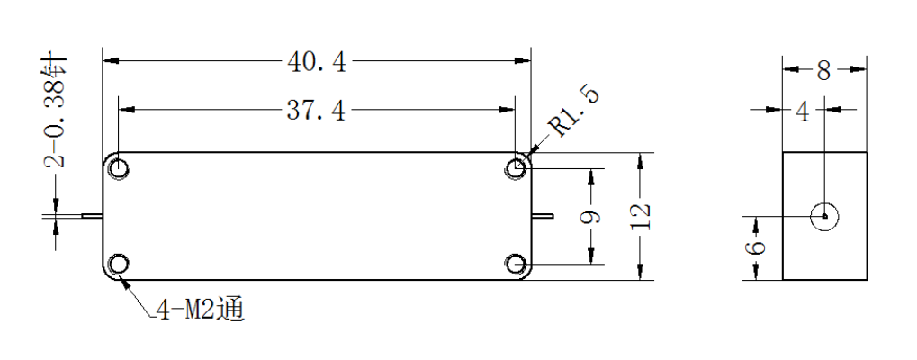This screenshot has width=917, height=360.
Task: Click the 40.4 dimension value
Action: [x=317, y=61]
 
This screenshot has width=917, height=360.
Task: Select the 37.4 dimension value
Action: [x=316, y=110]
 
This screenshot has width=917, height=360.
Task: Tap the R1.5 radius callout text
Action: [x=577, y=111]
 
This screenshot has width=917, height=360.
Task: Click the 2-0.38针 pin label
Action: [x=57, y=112]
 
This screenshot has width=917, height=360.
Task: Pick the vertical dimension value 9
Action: [x=590, y=217]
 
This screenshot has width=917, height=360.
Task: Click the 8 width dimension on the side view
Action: [x=823, y=71]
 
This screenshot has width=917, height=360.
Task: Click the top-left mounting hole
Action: [x=119, y=168]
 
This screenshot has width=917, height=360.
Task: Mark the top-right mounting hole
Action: [x=516, y=168]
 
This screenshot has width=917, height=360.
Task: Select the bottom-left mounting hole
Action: [x=119, y=265]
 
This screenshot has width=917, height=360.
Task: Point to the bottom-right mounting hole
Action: [x=516, y=265]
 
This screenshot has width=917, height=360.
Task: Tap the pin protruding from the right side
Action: [x=542, y=216]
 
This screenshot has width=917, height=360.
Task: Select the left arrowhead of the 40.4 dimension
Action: [x=111, y=60]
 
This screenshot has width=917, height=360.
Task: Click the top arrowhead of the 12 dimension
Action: [x=641, y=161]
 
